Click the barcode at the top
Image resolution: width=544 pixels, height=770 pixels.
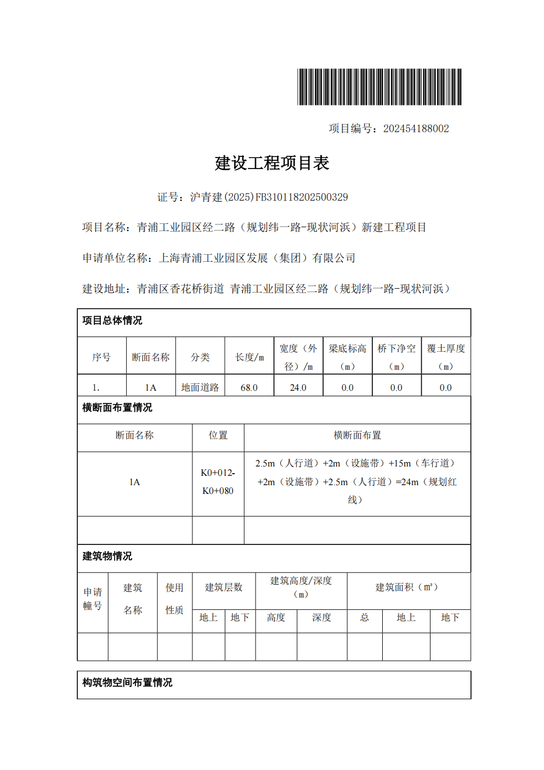coord(379,87)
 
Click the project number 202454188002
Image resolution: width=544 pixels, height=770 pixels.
coord(416,128)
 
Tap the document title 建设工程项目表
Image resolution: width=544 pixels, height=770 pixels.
coord(272,163)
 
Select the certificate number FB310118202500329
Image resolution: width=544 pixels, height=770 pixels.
coord(301,197)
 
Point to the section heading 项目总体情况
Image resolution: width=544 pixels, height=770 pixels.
coord(112,321)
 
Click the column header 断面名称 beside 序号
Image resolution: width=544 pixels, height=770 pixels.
coord(151,357)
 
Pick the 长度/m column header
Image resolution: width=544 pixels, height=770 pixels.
coord(250,357)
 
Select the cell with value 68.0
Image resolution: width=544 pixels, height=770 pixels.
coord(249,387)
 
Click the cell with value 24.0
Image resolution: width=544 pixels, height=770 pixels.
coord(298,387)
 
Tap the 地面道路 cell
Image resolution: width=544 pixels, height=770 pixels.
coord(200,387)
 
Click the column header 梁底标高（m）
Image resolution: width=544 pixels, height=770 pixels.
coord(347,357)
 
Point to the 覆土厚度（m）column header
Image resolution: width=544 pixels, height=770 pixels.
coord(446,357)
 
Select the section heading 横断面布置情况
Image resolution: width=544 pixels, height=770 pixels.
coord(117,408)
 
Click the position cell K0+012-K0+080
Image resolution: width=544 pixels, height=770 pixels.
coord(218,482)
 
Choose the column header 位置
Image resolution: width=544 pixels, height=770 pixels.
coord(218,435)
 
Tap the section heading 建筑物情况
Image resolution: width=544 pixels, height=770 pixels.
coord(107,557)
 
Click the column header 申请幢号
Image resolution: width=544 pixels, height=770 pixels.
coord(93,599)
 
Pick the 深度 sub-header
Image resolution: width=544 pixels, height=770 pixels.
coord(322,617)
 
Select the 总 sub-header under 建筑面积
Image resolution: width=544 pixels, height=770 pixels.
coord(365,617)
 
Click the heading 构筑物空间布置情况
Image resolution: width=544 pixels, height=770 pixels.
coord(127,683)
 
